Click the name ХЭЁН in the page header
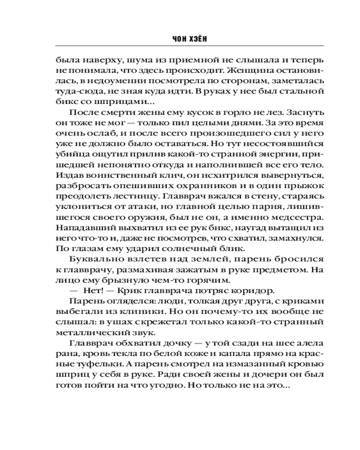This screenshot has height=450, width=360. point(198,40)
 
